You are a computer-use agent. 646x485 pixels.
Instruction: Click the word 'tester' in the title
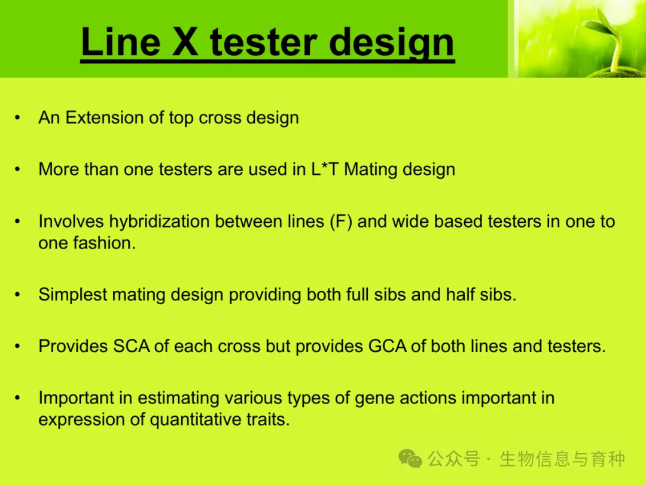click(264, 42)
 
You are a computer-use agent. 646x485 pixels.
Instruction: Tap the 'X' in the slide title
click(185, 42)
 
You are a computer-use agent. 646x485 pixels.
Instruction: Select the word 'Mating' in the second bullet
click(370, 170)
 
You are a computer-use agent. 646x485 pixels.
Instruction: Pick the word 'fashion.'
click(104, 243)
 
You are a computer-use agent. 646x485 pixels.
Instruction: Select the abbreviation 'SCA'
click(131, 347)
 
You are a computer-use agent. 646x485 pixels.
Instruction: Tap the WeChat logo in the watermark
click(410, 458)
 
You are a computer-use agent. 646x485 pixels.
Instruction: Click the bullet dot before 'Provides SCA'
click(17, 347)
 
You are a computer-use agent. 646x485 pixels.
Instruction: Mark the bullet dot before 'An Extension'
click(17, 118)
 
